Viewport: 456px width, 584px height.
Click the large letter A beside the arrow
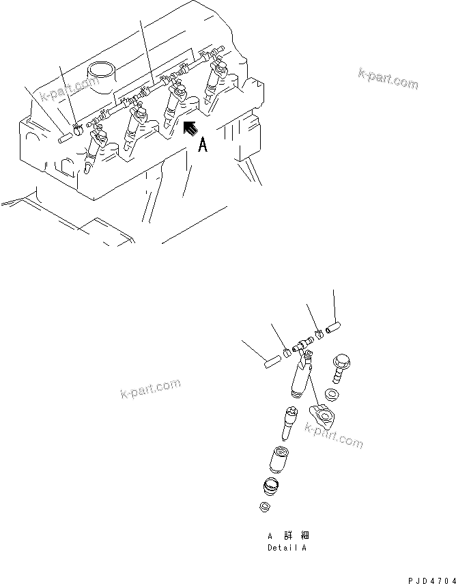point(203,145)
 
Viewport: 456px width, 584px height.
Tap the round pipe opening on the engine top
point(100,70)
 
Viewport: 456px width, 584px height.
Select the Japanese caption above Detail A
point(288,536)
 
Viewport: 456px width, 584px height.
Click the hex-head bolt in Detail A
point(340,369)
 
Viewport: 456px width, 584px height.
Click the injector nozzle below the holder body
point(287,422)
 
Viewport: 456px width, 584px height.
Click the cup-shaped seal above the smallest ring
point(272,487)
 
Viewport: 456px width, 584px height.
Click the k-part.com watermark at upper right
point(387,80)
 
